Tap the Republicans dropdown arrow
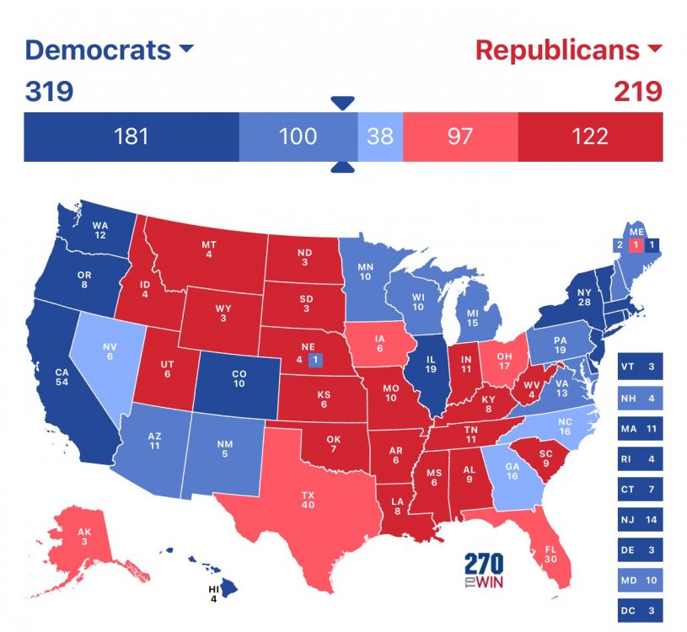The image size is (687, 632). (654, 51)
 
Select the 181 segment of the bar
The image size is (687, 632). (131, 136)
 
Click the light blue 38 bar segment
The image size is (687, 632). (380, 136)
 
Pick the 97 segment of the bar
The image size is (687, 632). (459, 136)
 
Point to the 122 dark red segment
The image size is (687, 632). (589, 136)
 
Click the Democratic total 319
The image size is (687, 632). (49, 90)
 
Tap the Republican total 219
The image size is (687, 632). (638, 90)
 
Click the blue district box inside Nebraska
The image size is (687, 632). (314, 360)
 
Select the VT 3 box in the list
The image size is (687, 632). (641, 367)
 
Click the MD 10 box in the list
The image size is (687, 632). (641, 580)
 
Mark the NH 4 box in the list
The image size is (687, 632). (641, 397)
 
